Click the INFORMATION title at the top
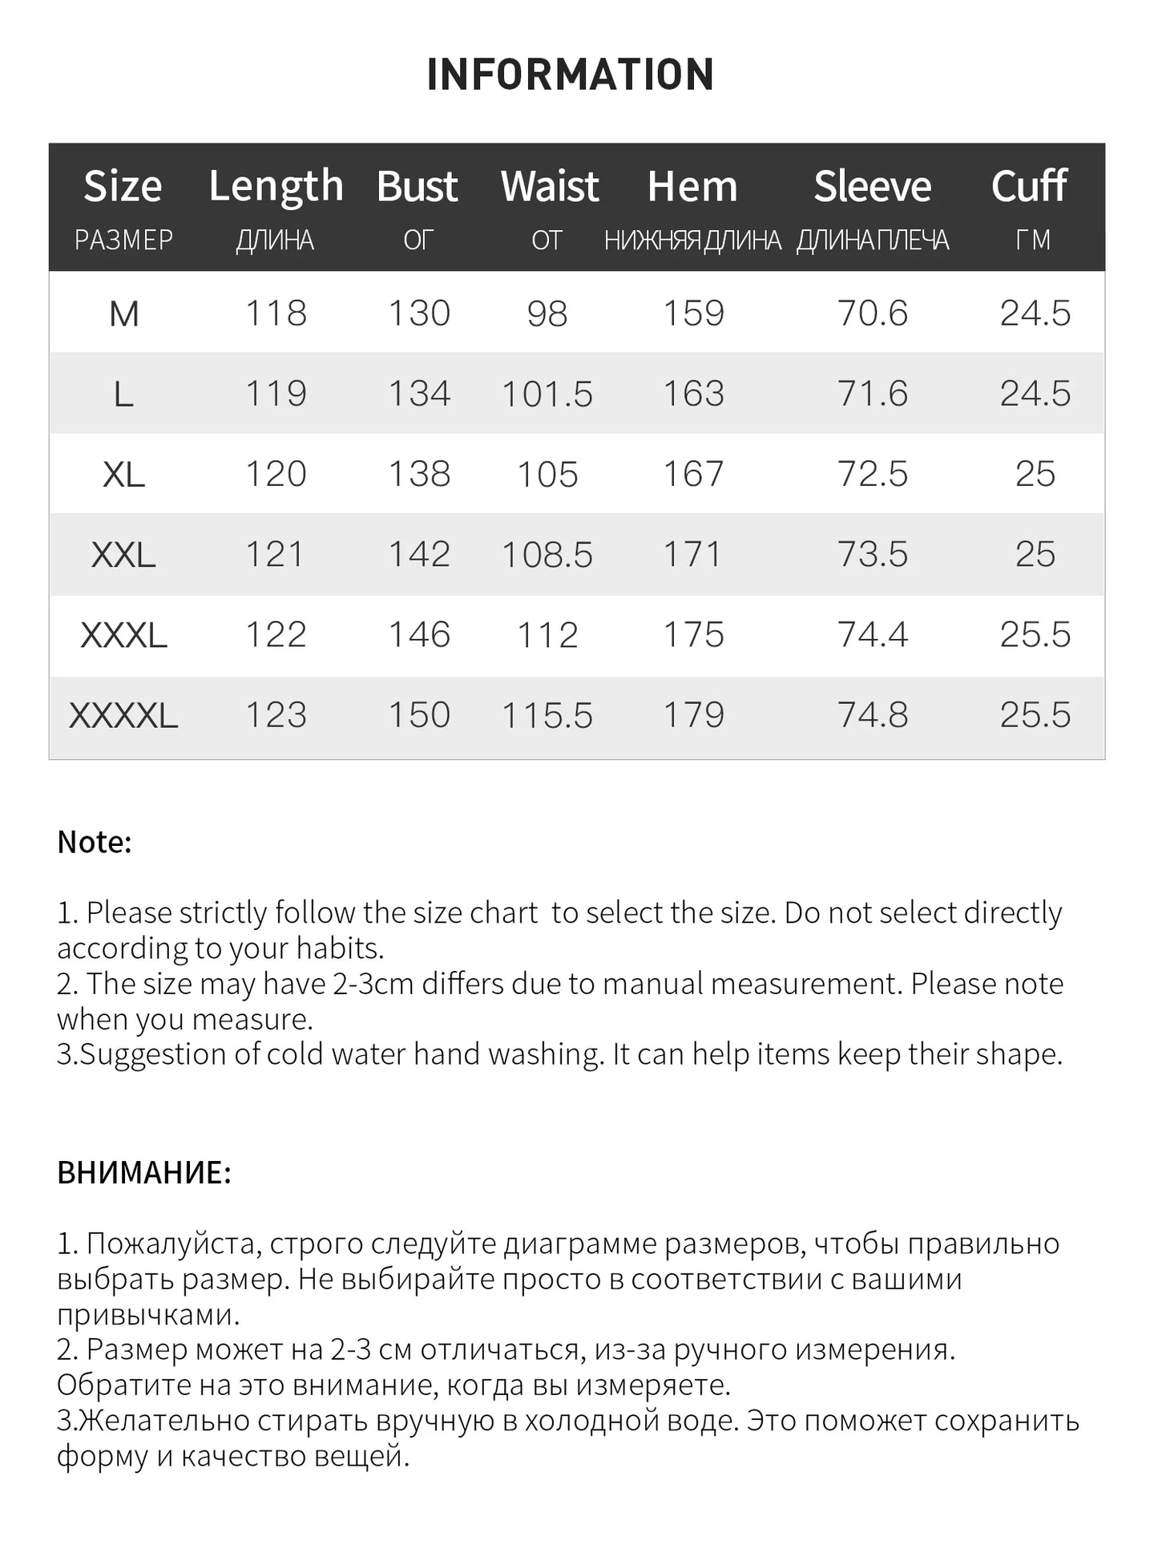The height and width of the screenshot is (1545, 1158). tap(570, 75)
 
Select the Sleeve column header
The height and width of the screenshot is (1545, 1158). tap(872, 187)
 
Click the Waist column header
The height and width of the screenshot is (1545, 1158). tap(550, 187)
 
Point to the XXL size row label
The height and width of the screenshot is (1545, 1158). tap(123, 555)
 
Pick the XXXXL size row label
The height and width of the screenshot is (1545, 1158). tap(123, 715)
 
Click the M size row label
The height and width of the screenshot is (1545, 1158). tap(123, 313)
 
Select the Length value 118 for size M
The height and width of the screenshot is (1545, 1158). tap(276, 313)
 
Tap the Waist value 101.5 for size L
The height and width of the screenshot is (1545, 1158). tap(547, 394)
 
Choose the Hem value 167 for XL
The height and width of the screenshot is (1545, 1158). tap(693, 474)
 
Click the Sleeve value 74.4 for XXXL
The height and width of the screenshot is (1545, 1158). tap(872, 635)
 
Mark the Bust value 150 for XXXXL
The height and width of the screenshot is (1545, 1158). tap(419, 715)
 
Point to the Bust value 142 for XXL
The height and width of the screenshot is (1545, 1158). tap(419, 555)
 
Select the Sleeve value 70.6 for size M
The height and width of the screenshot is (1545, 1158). tap(872, 313)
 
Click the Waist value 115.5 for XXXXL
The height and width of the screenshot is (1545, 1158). tap(547, 715)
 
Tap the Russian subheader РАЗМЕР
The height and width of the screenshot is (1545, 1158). tap(123, 240)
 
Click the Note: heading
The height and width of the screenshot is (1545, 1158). tap(95, 842)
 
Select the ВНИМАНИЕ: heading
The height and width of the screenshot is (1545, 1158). tap(144, 1172)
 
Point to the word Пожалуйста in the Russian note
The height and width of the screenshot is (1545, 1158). tap(171, 1244)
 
